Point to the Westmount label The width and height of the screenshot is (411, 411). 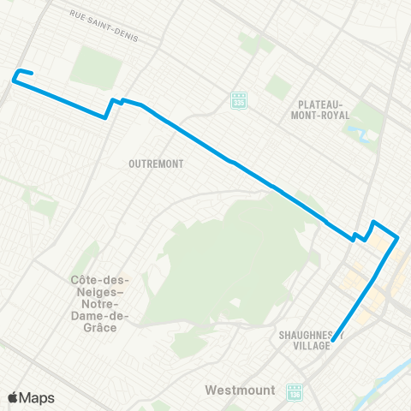240,390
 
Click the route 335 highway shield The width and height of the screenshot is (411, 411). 240,100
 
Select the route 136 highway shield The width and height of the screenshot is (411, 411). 295,391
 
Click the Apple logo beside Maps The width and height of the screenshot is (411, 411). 13,397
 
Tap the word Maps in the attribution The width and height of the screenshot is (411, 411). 37,397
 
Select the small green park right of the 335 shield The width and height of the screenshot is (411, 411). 276,86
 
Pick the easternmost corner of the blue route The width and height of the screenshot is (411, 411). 398,237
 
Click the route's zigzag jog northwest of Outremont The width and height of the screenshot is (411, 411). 110,108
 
